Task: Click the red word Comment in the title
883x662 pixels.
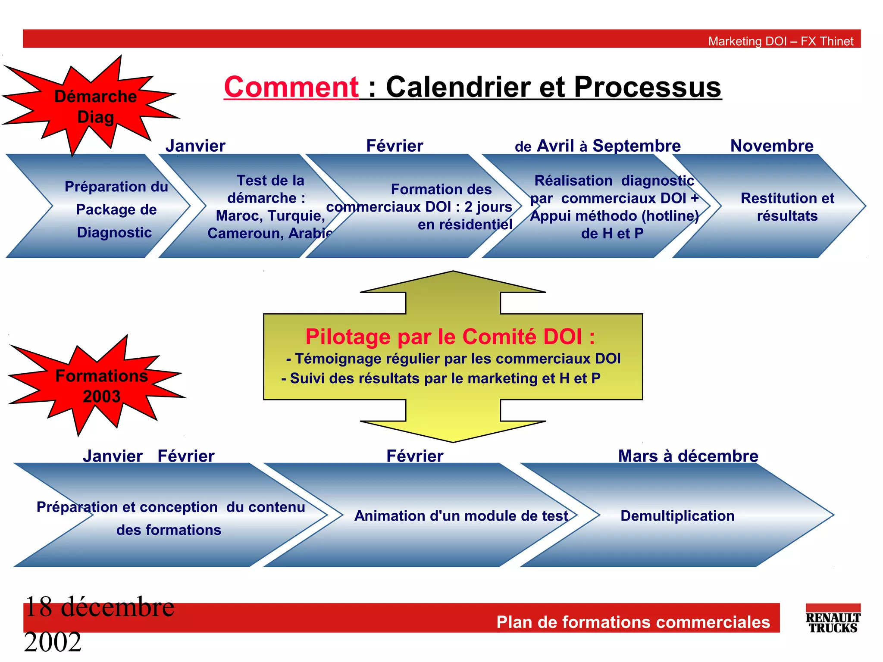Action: coord(291,87)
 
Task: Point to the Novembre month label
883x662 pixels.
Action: coord(772,146)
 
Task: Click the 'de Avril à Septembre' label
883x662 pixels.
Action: coord(598,146)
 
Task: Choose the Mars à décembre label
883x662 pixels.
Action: coord(688,456)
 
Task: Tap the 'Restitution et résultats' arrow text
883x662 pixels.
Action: coord(787,207)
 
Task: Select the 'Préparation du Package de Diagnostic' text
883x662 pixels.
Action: coord(116,209)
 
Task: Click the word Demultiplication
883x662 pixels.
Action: coord(677,516)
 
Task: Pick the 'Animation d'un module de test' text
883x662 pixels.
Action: coord(461,516)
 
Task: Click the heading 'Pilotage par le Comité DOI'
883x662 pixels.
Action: coord(450,337)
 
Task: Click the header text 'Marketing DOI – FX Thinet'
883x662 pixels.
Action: coord(780,41)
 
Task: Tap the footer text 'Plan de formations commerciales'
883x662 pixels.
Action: coord(633,622)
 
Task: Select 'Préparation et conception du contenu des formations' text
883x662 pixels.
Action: coord(170,518)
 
